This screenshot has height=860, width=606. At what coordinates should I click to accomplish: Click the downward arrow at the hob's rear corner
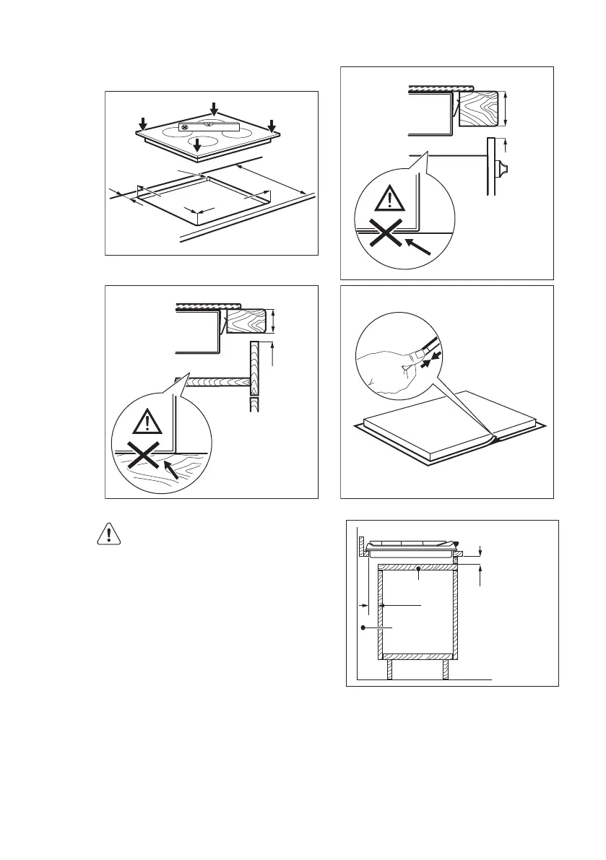click(214, 108)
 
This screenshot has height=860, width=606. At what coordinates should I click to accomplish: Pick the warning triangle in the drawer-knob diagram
click(390, 196)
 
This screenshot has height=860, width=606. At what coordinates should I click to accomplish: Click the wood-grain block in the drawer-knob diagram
click(477, 108)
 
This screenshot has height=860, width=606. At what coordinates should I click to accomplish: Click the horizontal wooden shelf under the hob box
click(212, 383)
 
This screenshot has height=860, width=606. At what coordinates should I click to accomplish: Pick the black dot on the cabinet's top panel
click(419, 570)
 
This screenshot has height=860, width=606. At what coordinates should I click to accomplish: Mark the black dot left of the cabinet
click(363, 628)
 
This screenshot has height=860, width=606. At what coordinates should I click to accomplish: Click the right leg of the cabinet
click(446, 669)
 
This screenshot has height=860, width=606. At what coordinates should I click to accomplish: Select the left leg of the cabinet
click(389, 669)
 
